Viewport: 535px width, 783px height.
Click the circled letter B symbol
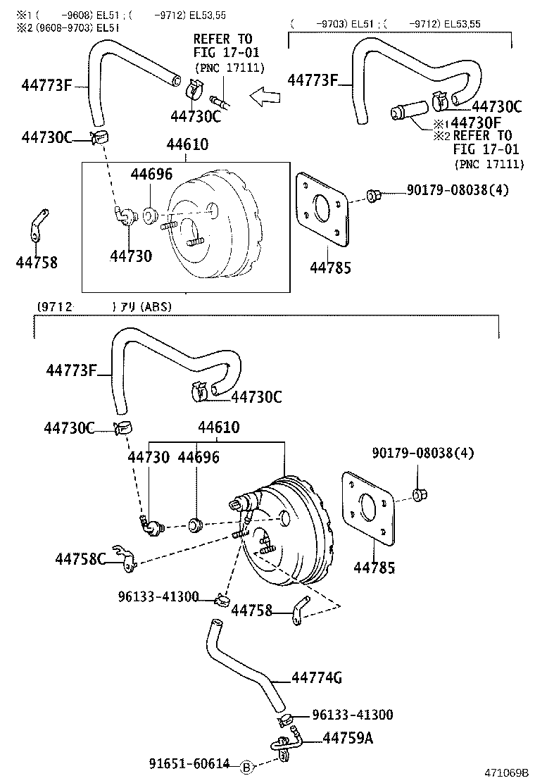tap(246, 768)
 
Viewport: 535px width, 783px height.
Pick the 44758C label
tap(80, 559)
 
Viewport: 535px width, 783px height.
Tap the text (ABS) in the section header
tap(156, 307)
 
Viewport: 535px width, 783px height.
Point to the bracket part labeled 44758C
tap(124, 556)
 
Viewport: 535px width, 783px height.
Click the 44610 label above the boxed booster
tap(187, 144)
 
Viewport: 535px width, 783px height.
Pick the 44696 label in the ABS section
tap(199, 458)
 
